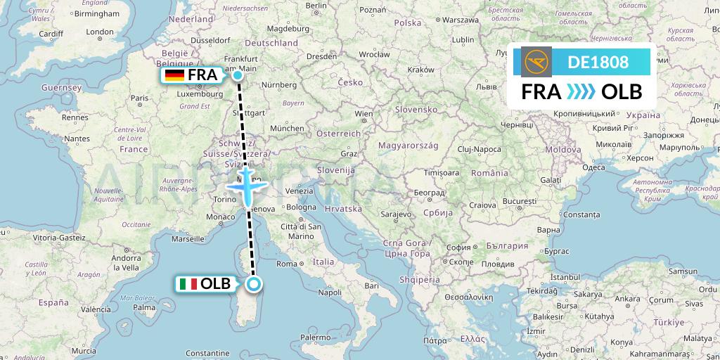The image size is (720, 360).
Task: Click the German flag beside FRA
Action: [x=174, y=75]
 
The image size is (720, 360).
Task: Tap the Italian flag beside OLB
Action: [x=188, y=284]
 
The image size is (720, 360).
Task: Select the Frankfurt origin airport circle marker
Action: [x=238, y=75]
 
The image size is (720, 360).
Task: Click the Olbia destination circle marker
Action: [x=254, y=284]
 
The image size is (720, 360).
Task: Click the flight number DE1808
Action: [x=598, y=62]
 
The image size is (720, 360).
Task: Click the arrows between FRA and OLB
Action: [x=580, y=92]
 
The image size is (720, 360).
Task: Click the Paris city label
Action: [x=139, y=99]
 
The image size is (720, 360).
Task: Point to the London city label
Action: [x=99, y=32]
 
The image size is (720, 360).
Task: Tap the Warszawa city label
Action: [x=465, y=20]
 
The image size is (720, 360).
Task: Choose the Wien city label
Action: [x=364, y=113]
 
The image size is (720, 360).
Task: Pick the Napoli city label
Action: [x=329, y=292]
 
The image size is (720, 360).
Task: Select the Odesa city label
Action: [x=593, y=167]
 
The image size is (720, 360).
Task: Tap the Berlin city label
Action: [x=316, y=6]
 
